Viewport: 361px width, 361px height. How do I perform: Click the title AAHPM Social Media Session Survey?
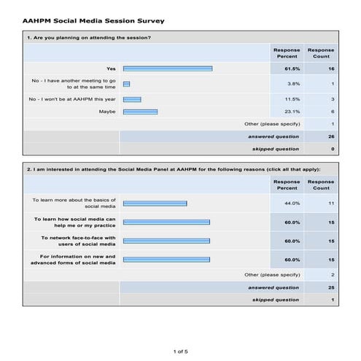pyautogui.click(x=93, y=21)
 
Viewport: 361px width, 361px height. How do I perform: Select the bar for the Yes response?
pyautogui.click(x=168, y=69)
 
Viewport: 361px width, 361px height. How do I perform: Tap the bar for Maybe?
pyautogui.click(x=140, y=112)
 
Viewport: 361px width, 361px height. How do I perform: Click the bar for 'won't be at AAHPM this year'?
pyautogui.click(x=132, y=98)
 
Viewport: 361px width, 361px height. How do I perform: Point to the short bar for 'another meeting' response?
pyautogui.click(x=126, y=84)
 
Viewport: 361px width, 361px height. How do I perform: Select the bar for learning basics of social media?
pyautogui.click(x=155, y=203)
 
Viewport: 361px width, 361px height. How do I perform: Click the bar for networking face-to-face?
pyautogui.click(x=166, y=241)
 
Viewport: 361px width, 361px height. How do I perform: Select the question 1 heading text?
pyautogui.click(x=88, y=37)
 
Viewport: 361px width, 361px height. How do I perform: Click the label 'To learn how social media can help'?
pyautogui.click(x=74, y=222)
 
